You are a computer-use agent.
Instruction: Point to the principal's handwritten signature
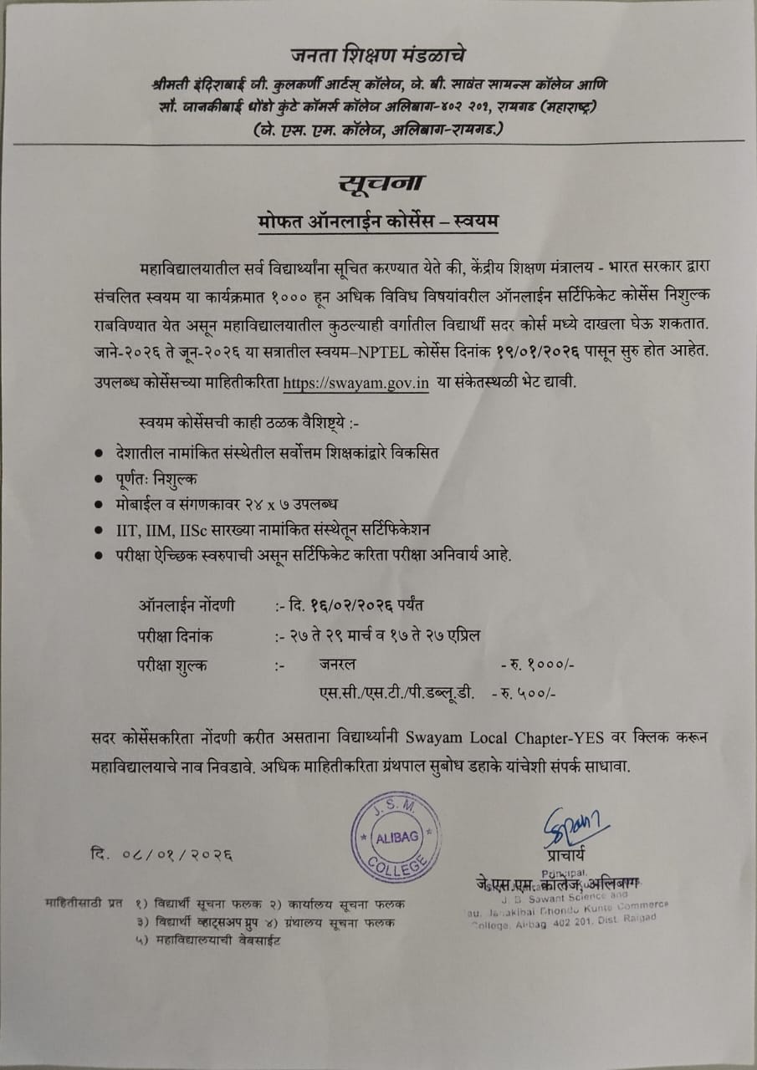pyautogui.click(x=574, y=826)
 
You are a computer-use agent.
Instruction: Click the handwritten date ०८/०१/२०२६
pyautogui.click(x=162, y=854)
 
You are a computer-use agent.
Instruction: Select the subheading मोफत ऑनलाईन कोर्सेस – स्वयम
pyautogui.click(x=377, y=222)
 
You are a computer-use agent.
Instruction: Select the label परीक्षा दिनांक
pyautogui.click(x=175, y=636)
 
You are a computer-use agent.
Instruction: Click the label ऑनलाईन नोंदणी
pyautogui.click(x=187, y=604)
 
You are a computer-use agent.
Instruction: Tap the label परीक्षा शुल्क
pyautogui.click(x=173, y=665)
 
